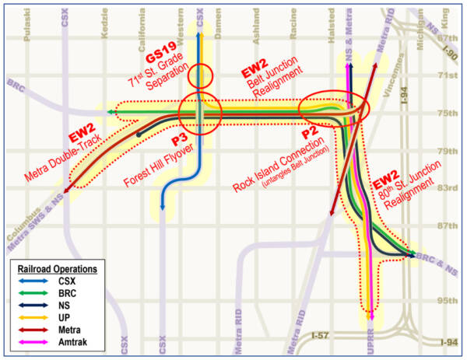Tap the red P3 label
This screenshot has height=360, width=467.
[x=180, y=142]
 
